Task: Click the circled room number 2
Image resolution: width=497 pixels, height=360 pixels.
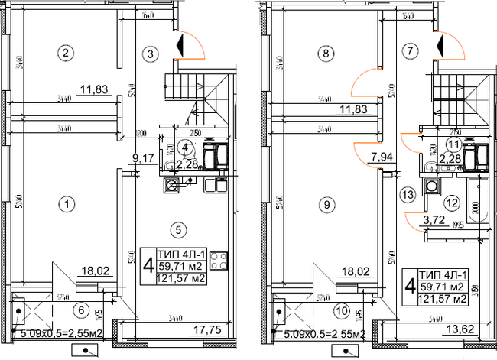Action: click(67, 53)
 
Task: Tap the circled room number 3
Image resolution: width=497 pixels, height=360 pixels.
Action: click(151, 53)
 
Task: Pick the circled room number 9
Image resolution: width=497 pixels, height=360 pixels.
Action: click(326, 204)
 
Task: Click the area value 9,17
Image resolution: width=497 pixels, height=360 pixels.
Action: click(140, 159)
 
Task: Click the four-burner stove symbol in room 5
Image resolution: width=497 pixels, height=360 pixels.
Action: click(219, 260)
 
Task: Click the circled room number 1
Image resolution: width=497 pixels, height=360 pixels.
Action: click(67, 204)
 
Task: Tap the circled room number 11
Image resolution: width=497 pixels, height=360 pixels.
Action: click(453, 144)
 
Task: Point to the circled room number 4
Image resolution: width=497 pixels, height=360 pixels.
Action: click(184, 146)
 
